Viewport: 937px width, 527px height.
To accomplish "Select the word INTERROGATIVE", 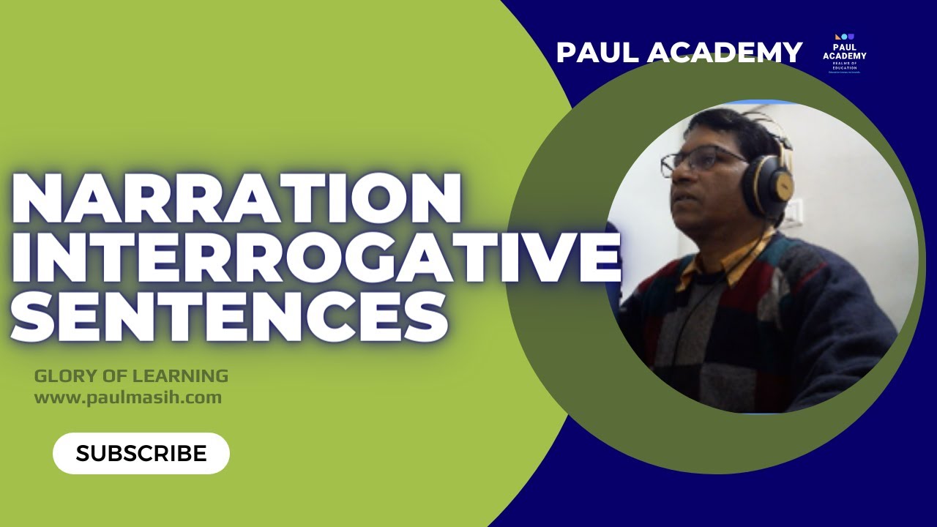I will [x=315, y=258].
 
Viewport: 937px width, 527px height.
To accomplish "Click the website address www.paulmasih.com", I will [x=127, y=397].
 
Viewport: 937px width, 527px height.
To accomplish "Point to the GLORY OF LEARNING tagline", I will [x=131, y=376].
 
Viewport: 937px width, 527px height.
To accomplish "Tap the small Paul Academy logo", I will [x=844, y=53].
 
